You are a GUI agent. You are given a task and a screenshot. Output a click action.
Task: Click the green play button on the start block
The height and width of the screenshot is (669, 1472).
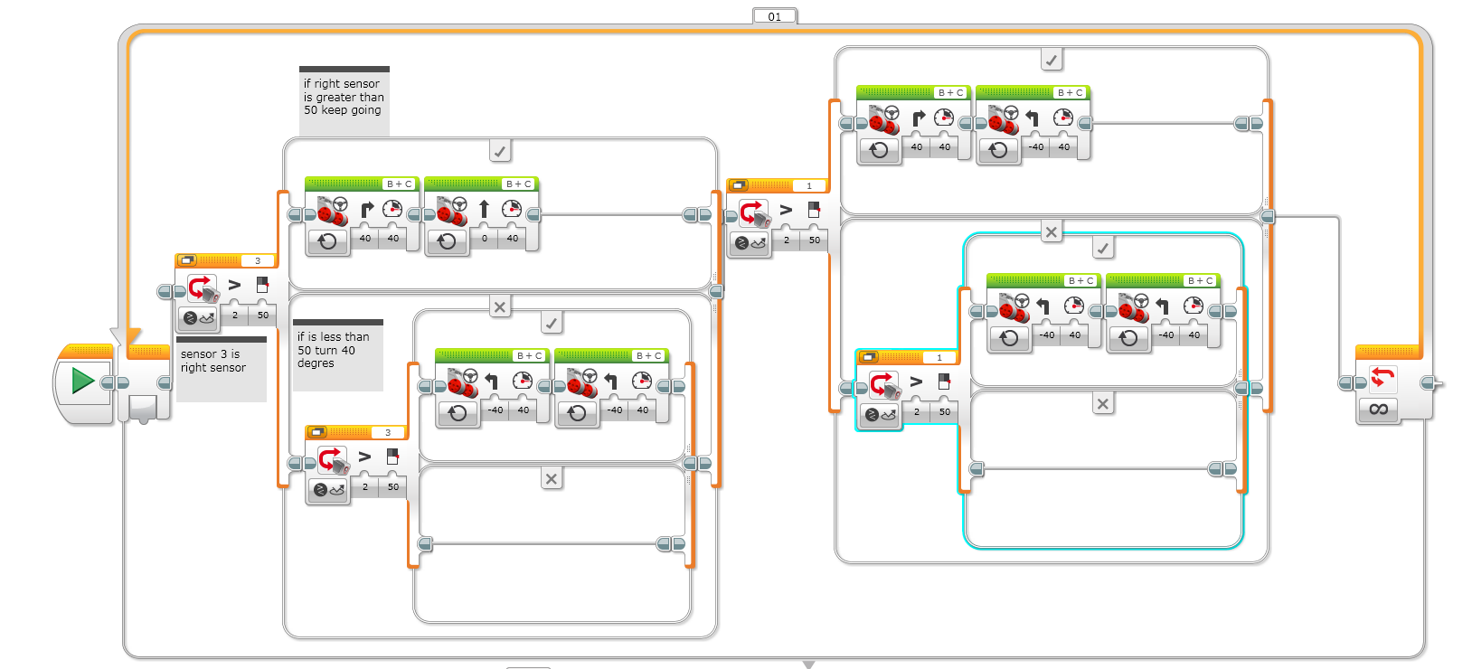coord(82,381)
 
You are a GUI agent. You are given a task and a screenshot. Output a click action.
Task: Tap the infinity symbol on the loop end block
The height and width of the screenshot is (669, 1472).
coord(1378,410)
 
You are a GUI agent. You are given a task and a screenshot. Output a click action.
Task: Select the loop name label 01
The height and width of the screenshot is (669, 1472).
coord(774,16)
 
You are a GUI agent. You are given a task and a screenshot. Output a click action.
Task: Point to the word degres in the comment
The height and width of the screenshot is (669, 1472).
coord(316,363)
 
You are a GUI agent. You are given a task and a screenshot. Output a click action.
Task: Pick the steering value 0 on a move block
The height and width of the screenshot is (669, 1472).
coord(485,239)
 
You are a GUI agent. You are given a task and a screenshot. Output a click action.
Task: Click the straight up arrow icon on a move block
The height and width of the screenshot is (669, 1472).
coord(484,210)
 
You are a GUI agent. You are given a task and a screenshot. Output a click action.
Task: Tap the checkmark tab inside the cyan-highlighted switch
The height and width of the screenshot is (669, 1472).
coord(1103,247)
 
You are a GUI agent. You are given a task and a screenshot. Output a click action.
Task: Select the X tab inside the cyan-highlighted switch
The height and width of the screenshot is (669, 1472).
coord(1102,404)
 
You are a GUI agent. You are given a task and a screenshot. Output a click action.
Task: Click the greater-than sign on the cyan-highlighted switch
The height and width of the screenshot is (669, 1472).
coord(916,382)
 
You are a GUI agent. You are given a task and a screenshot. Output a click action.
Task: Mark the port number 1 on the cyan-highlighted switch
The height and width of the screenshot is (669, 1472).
coord(939,357)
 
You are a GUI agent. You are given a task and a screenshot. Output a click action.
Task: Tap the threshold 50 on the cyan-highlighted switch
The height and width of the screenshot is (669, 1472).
coord(945,412)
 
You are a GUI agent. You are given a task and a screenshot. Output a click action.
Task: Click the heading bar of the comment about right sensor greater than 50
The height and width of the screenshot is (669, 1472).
coord(344,69)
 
